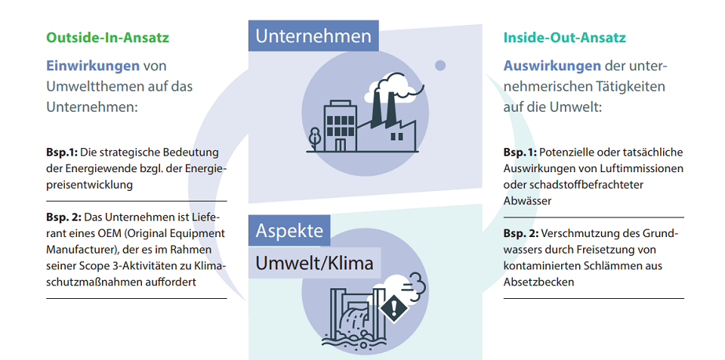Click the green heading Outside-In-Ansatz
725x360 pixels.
pos(108,38)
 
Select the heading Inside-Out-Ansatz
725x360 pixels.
pos(565,38)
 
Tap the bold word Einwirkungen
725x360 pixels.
pos(92,66)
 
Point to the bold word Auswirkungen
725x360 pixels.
pos(552,66)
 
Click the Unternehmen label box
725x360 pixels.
pos(313,35)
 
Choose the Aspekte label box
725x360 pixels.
pos(289,230)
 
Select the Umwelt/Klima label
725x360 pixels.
pos(314,263)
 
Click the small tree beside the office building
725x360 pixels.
pos(314,139)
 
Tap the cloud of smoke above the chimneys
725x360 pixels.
pos(394,88)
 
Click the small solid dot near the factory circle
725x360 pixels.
pos(440,66)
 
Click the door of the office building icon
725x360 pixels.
pos(341,145)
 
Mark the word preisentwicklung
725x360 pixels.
pos(89,186)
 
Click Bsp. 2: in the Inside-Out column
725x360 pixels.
pos(520,233)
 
